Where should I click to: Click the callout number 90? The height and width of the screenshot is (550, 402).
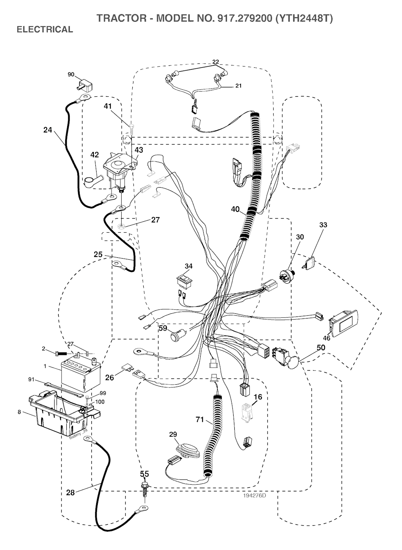tap(71, 74)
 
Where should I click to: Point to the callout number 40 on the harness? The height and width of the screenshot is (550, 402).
tap(235, 210)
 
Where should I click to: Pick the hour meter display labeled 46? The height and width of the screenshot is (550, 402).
tap(343, 323)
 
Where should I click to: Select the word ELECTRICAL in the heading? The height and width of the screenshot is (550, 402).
tap(44, 29)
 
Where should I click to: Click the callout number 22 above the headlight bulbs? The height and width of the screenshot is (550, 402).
tap(216, 62)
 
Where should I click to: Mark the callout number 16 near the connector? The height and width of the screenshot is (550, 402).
tap(258, 397)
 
